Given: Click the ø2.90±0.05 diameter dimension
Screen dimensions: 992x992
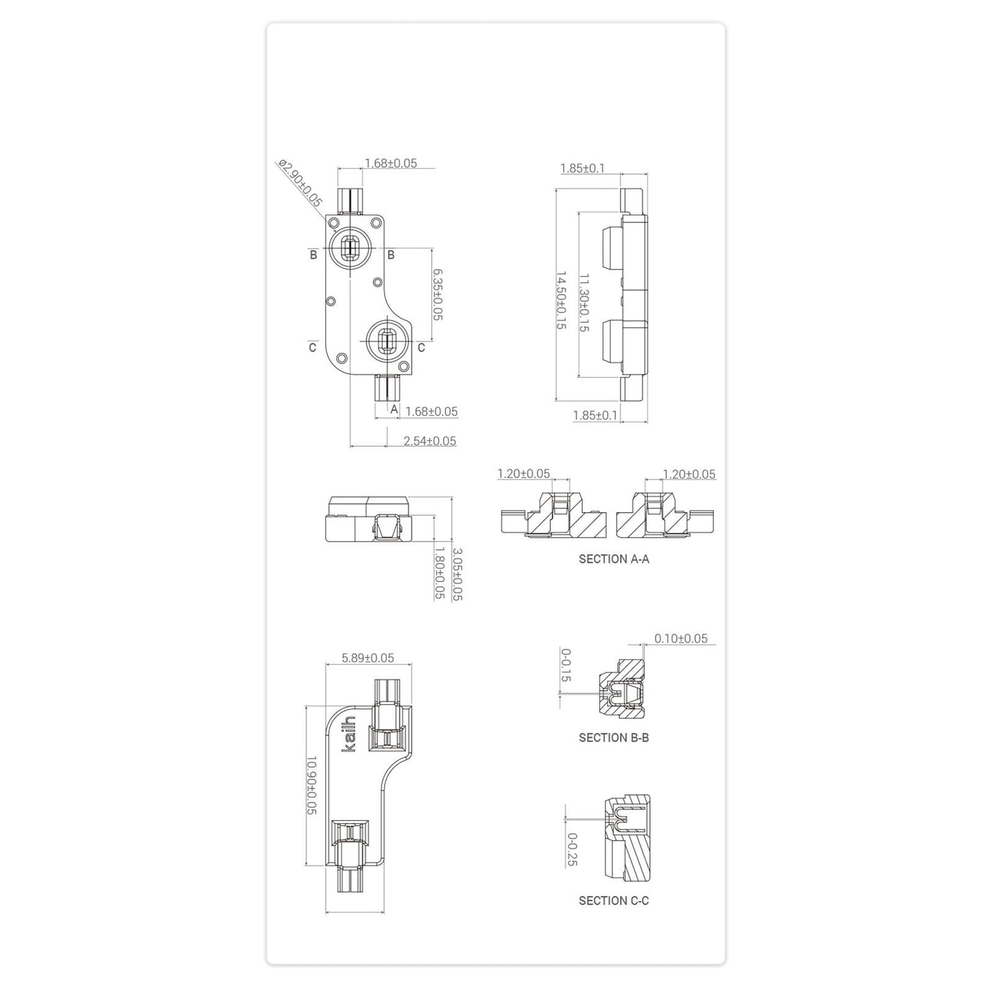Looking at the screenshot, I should pyautogui.click(x=300, y=183).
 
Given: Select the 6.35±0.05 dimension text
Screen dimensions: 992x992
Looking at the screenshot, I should pyautogui.click(x=437, y=294).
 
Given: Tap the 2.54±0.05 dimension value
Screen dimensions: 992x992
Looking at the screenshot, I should pyautogui.click(x=430, y=441).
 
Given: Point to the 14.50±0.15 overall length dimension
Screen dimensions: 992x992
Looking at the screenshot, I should pyautogui.click(x=560, y=301).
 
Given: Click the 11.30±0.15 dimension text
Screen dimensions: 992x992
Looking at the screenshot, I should pyautogui.click(x=584, y=303).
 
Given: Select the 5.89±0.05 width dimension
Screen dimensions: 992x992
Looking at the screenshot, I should pyautogui.click(x=368, y=658).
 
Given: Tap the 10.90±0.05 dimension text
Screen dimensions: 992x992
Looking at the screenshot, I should pyautogui.click(x=310, y=785).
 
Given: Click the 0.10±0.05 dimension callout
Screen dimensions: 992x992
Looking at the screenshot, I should pyautogui.click(x=680, y=638).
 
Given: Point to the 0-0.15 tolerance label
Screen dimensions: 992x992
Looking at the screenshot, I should pyautogui.click(x=566, y=665).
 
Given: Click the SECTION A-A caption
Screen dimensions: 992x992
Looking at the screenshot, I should pyautogui.click(x=614, y=559).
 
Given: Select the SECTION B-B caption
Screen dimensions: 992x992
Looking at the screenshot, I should pyautogui.click(x=614, y=738).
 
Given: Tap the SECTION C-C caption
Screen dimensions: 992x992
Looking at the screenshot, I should pyautogui.click(x=614, y=901).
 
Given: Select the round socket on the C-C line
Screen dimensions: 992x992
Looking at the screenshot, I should pyautogui.click(x=387, y=340).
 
